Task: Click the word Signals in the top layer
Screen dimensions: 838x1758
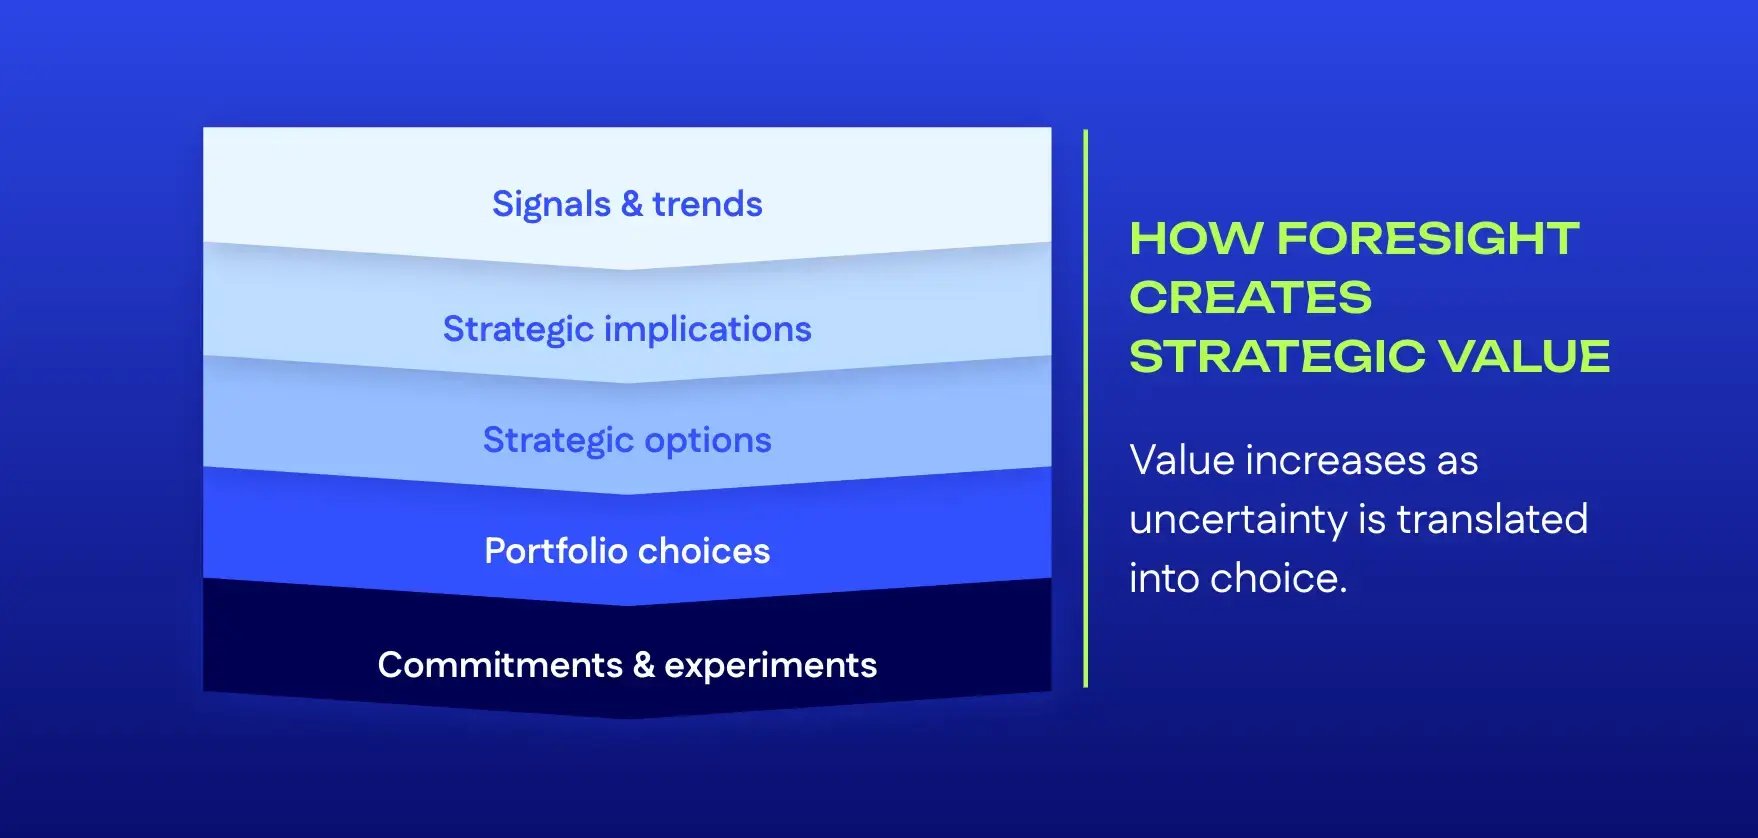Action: coord(551,205)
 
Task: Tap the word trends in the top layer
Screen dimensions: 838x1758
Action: coord(707,205)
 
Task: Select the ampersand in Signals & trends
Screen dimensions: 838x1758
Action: coord(631,205)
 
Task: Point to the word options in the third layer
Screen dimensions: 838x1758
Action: coord(707,440)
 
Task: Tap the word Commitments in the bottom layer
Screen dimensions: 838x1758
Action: coord(500,665)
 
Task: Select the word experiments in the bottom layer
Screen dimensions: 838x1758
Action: coord(770,666)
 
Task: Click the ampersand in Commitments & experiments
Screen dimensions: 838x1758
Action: coord(643,665)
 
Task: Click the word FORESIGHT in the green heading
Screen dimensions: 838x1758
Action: coord(1427,239)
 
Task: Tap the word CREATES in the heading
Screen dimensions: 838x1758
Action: coord(1250,298)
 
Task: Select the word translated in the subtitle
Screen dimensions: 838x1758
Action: coord(1491,519)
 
